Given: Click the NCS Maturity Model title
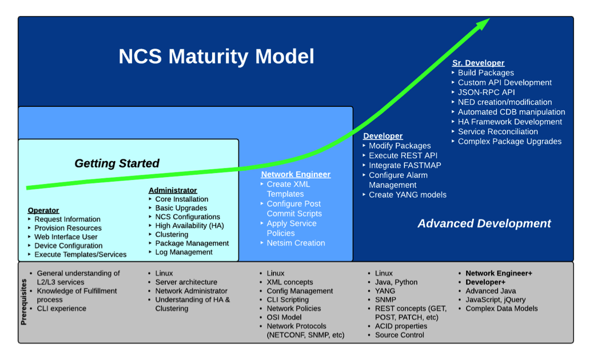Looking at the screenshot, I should tap(216, 57).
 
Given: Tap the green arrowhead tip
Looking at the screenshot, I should tap(487, 20).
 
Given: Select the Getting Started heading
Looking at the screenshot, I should tap(117, 163).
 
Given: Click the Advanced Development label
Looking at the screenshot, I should tap(484, 223).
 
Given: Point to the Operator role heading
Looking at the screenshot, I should tap(43, 210).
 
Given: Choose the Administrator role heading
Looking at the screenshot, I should tap(173, 190).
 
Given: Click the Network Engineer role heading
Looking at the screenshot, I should tap(296, 174).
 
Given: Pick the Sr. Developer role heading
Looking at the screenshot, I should tap(479, 63).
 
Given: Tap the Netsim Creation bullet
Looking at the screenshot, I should tap(296, 243).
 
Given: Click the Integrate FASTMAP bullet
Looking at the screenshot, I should tap(405, 165).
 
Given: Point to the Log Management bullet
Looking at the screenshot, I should tap(184, 252).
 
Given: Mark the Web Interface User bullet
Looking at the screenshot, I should tap(66, 237).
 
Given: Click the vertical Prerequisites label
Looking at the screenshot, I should tap(24, 302).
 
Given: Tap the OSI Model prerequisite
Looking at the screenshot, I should tap(284, 317).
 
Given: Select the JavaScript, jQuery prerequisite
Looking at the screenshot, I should tap(495, 299).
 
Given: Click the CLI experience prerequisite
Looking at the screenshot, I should tap(61, 309).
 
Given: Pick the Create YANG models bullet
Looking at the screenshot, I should tap(407, 195).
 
